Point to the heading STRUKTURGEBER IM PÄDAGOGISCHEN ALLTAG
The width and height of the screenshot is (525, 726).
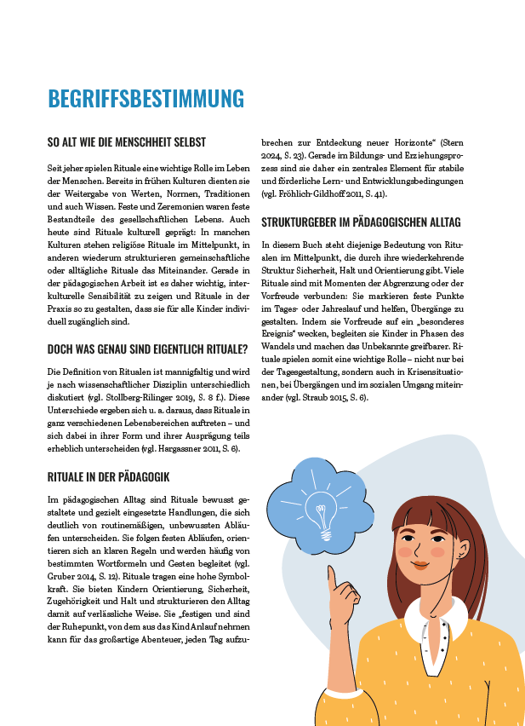[x=361, y=222]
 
